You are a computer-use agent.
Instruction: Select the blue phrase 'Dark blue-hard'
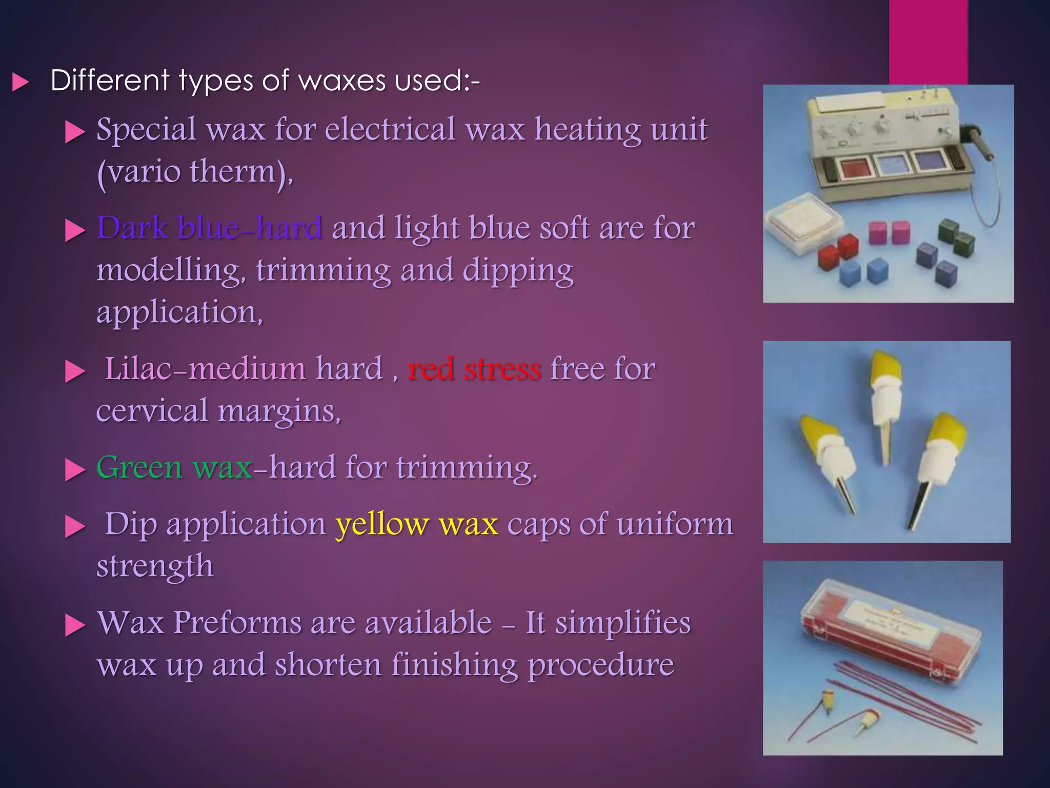(209, 228)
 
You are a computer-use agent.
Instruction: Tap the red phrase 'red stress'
(474, 369)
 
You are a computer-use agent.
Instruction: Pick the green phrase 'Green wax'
(174, 467)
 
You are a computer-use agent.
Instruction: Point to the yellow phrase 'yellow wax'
(417, 524)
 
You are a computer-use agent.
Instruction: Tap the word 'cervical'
(152, 411)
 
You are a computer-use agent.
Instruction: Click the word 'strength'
(155, 566)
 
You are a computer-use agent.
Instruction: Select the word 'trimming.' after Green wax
(467, 467)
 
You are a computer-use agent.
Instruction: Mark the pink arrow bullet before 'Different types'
(20, 82)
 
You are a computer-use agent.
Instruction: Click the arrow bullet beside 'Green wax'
(75, 469)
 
